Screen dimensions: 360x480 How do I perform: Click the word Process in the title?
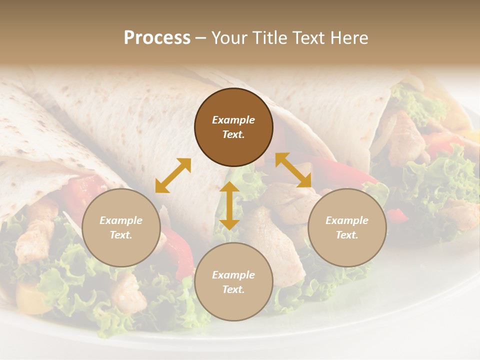pos(157,38)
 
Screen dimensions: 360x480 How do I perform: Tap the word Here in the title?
pos(349,38)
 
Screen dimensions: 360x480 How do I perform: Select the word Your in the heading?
pos(230,38)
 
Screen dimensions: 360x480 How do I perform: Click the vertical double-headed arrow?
pos(229,205)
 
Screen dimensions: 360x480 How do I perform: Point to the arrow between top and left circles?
pos(173,175)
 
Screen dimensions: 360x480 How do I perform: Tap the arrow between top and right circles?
pos(293,170)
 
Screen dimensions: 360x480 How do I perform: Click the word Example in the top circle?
pos(233,120)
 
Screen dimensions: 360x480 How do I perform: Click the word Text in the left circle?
pos(121,235)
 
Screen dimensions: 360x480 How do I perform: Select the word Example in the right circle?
pos(347,220)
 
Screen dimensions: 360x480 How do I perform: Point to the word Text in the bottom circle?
pos(233,289)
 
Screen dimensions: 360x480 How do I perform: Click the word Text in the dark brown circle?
pos(233,134)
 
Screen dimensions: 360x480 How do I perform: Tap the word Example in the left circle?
pos(121,220)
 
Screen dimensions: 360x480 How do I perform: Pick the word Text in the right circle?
pos(347,235)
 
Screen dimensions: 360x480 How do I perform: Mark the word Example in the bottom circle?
pos(233,275)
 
